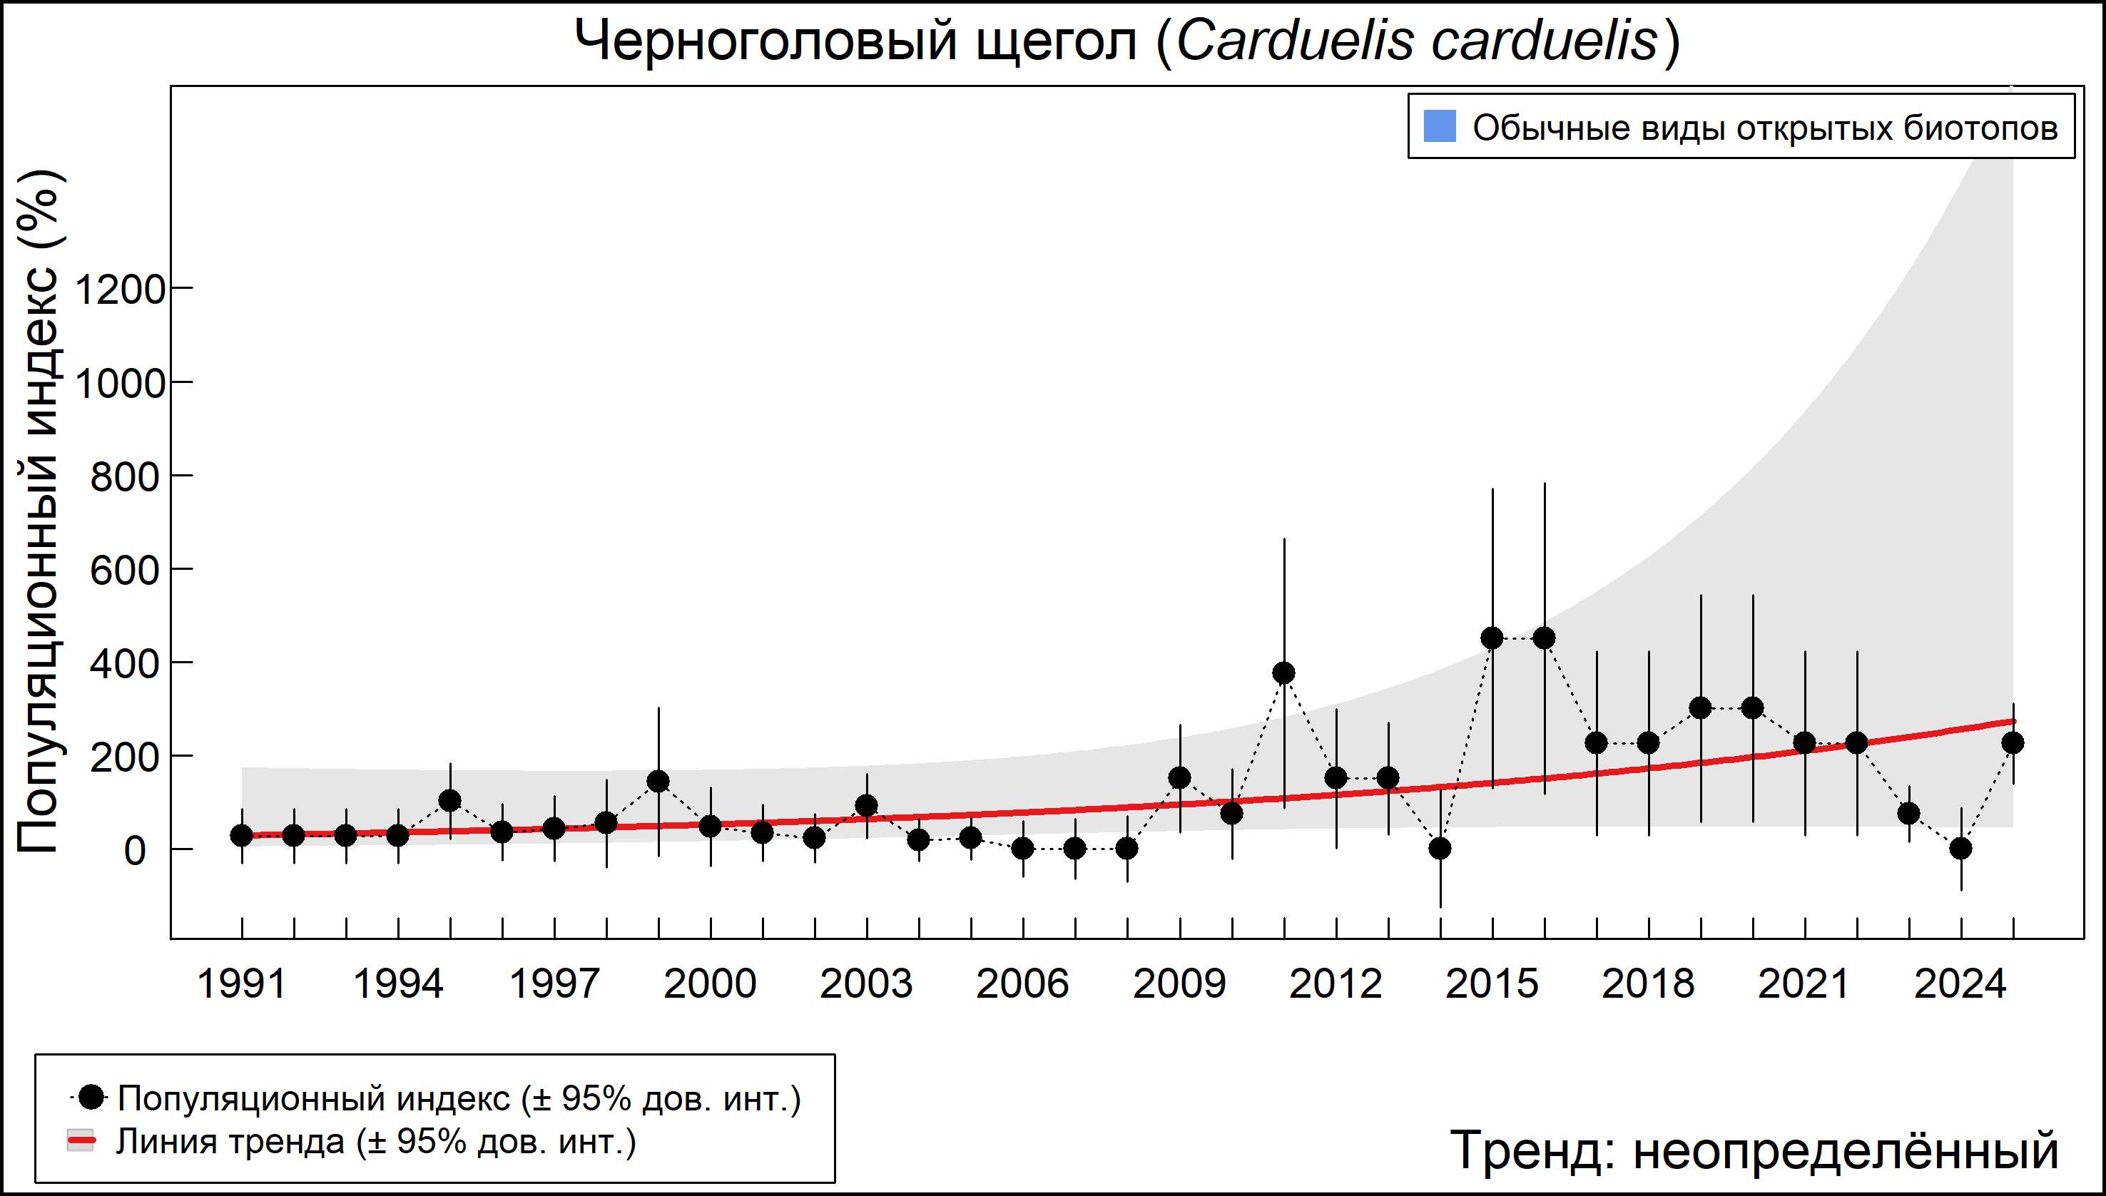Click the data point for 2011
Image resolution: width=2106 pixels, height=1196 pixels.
click(1283, 673)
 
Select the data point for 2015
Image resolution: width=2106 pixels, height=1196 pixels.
click(1492, 638)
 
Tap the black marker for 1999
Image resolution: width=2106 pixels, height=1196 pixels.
click(658, 781)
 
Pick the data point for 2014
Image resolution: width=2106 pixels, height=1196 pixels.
click(1440, 849)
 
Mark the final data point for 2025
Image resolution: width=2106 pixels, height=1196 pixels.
click(2013, 742)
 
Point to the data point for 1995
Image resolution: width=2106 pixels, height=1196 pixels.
click(450, 801)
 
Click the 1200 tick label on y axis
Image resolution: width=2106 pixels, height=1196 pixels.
click(120, 289)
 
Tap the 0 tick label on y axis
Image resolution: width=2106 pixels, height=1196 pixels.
click(135, 851)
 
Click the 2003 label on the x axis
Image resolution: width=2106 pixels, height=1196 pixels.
click(866, 984)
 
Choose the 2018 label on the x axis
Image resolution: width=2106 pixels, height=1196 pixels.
click(1647, 984)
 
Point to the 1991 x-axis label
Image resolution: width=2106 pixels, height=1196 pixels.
click(242, 984)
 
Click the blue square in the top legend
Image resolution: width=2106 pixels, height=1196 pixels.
click(1440, 126)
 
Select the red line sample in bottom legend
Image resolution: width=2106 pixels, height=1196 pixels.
click(81, 1141)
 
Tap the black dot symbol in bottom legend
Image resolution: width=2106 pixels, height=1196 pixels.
click(93, 1097)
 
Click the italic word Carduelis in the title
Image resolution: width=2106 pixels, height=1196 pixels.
click(1294, 40)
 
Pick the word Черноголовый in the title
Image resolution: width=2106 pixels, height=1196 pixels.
click(765, 40)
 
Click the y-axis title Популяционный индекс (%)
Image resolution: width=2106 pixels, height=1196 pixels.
click(38, 511)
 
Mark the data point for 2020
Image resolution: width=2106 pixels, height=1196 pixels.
click(1753, 708)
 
